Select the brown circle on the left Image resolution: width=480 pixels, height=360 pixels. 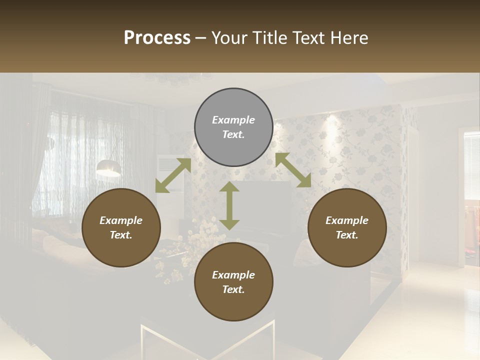[121, 227]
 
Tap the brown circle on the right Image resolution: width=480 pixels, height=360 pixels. [347, 227]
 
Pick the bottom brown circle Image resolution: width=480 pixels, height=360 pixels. [233, 281]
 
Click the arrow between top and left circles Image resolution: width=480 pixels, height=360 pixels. [173, 175]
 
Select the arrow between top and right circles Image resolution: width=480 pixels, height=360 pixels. [293, 170]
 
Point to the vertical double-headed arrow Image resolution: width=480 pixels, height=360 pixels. [229, 205]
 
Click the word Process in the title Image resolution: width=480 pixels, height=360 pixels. [157, 37]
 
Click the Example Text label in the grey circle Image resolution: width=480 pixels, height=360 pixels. [233, 127]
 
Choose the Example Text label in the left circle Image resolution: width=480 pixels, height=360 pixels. [121, 227]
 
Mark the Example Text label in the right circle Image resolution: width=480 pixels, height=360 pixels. [347, 227]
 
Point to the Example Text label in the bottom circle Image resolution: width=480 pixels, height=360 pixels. [233, 282]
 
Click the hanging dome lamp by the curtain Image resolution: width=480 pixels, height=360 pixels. [108, 168]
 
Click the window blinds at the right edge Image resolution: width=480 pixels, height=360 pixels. [472, 165]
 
